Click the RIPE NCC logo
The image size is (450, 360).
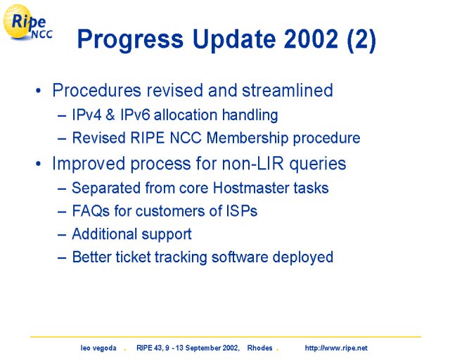[27, 22]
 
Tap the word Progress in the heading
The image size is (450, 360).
[130, 40]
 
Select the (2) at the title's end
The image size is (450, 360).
[361, 39]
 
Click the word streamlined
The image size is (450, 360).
[288, 91]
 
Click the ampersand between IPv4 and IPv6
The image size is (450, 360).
[110, 115]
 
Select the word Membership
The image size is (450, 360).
[247, 138]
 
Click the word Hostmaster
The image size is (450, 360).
[251, 188]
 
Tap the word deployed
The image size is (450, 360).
[303, 257]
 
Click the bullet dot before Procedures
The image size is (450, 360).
[38, 91]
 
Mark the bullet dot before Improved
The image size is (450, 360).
[38, 165]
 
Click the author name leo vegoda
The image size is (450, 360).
[98, 348]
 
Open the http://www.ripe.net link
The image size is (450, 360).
[336, 348]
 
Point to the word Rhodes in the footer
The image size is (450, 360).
[259, 348]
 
